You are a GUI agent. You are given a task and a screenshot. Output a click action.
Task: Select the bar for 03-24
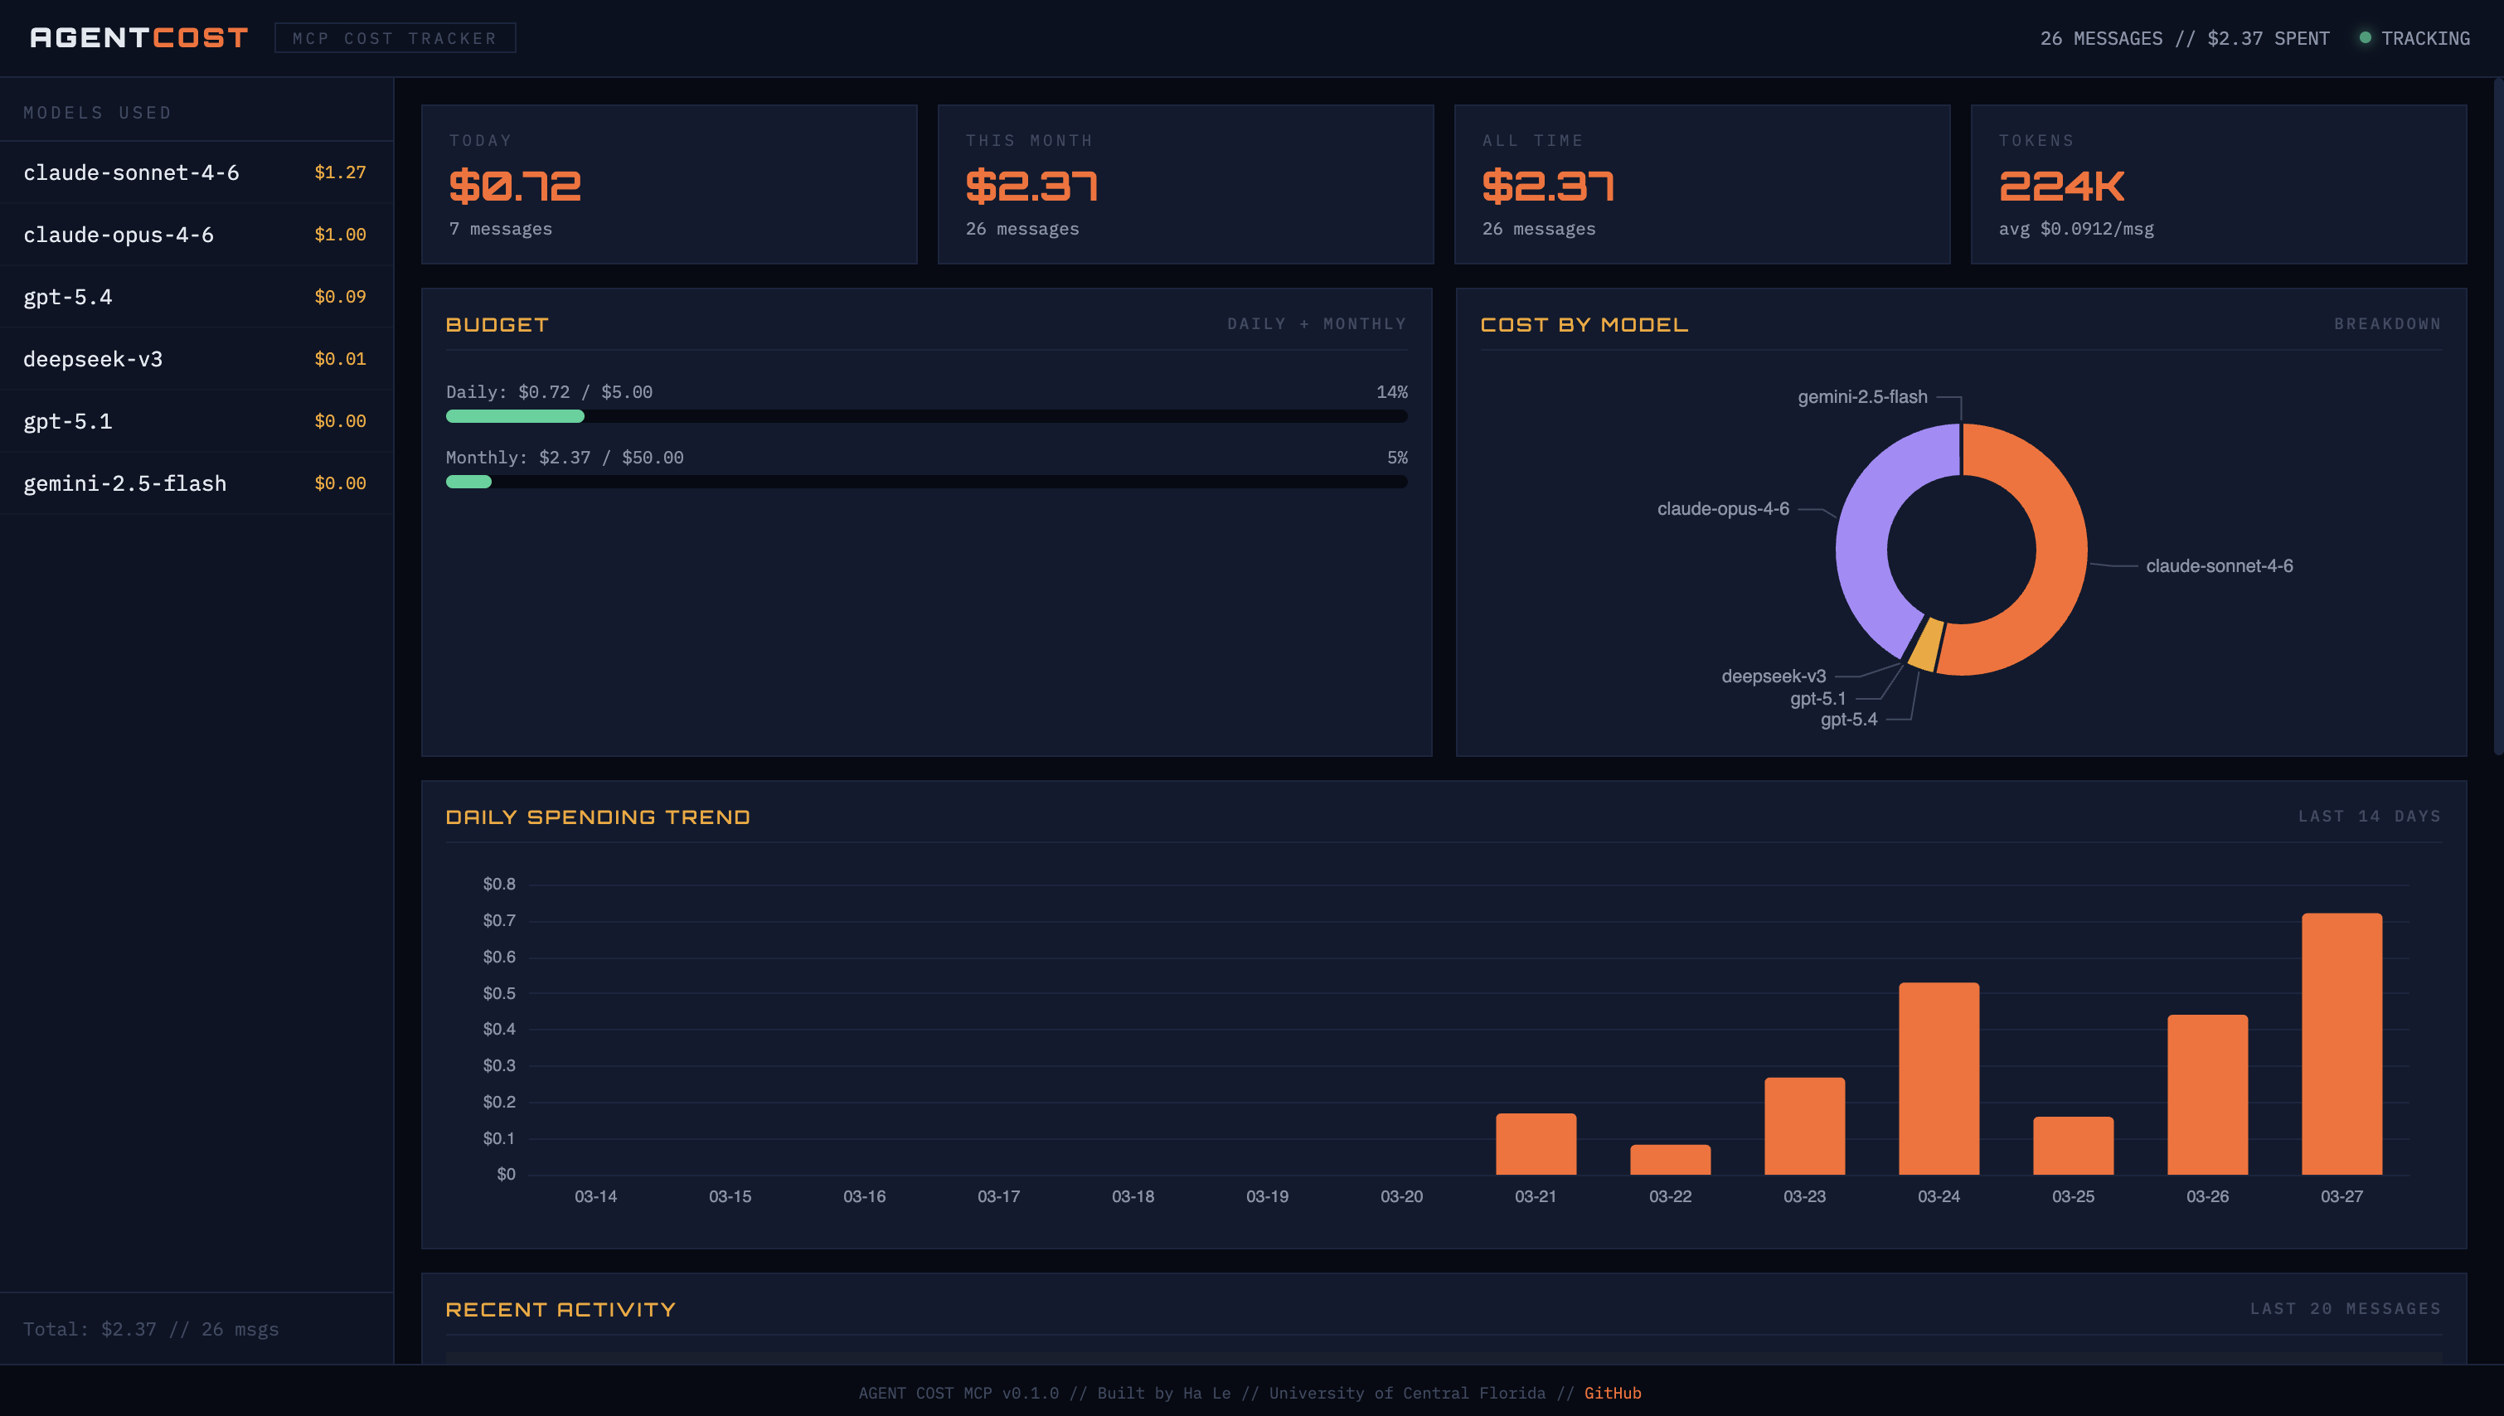coord(1938,1079)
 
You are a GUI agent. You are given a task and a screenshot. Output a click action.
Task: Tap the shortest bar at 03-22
coord(1670,1159)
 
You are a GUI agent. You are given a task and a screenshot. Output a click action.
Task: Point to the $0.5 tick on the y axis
coord(499,993)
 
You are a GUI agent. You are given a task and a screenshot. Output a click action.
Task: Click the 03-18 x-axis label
coord(1133,1196)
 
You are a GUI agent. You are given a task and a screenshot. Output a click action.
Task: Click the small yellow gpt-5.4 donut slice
coord(1926,645)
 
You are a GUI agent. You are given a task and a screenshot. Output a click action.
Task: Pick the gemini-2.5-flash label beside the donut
coord(1861,397)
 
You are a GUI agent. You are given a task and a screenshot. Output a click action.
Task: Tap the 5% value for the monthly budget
coord(1396,457)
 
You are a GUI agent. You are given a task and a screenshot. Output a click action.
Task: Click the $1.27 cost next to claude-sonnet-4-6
coord(339,172)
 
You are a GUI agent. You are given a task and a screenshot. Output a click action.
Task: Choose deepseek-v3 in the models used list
coord(94,359)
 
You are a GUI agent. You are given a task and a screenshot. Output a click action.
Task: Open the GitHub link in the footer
coord(1611,1393)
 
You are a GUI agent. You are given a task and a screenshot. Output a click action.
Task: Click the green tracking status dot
coord(2364,38)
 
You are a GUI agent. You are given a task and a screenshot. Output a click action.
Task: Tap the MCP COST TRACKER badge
coord(395,38)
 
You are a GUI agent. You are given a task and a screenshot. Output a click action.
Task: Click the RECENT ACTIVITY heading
coord(560,1309)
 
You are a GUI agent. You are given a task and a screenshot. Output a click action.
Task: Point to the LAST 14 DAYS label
coord(2368,816)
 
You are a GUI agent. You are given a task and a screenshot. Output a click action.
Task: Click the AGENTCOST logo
coord(139,38)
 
